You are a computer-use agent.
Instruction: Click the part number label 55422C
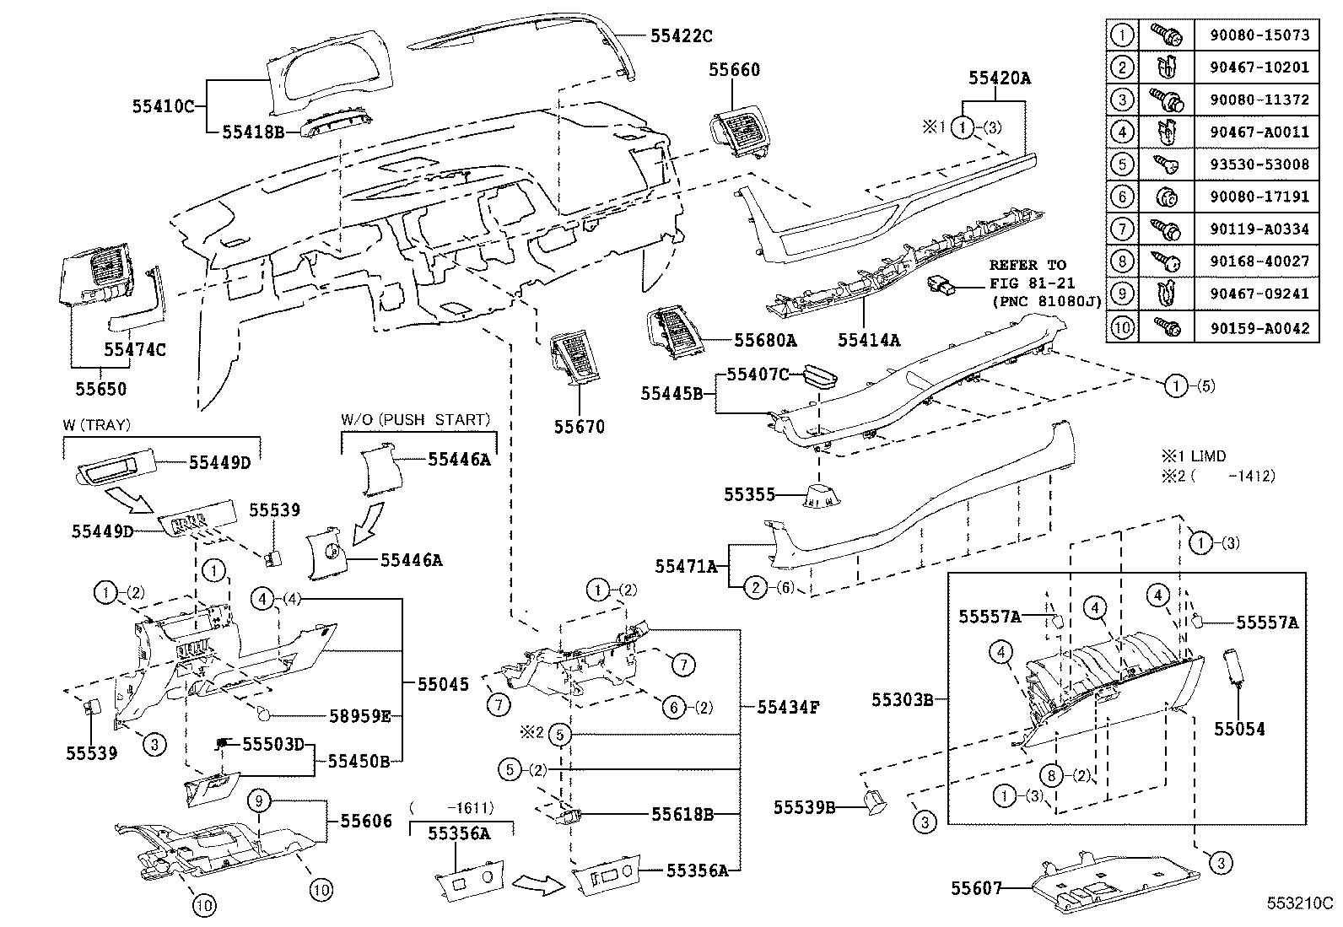point(681,35)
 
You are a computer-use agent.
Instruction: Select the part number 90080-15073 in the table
point(1256,35)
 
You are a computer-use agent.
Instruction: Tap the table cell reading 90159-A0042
point(1256,327)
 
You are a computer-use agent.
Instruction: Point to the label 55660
point(734,70)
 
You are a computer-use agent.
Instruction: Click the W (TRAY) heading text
point(95,426)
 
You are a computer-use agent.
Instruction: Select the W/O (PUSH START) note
point(415,420)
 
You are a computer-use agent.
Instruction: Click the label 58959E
point(359,717)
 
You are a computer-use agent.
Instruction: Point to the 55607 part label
point(976,888)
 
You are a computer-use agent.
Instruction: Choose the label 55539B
point(804,808)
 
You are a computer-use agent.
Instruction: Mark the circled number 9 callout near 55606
point(260,800)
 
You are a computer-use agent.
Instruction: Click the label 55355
point(749,495)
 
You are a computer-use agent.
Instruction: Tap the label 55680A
point(765,340)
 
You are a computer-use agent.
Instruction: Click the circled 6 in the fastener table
point(1122,197)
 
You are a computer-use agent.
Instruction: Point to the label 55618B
point(682,815)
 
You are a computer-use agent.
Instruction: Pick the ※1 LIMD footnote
point(1194,456)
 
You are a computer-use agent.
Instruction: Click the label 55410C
point(163,106)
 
